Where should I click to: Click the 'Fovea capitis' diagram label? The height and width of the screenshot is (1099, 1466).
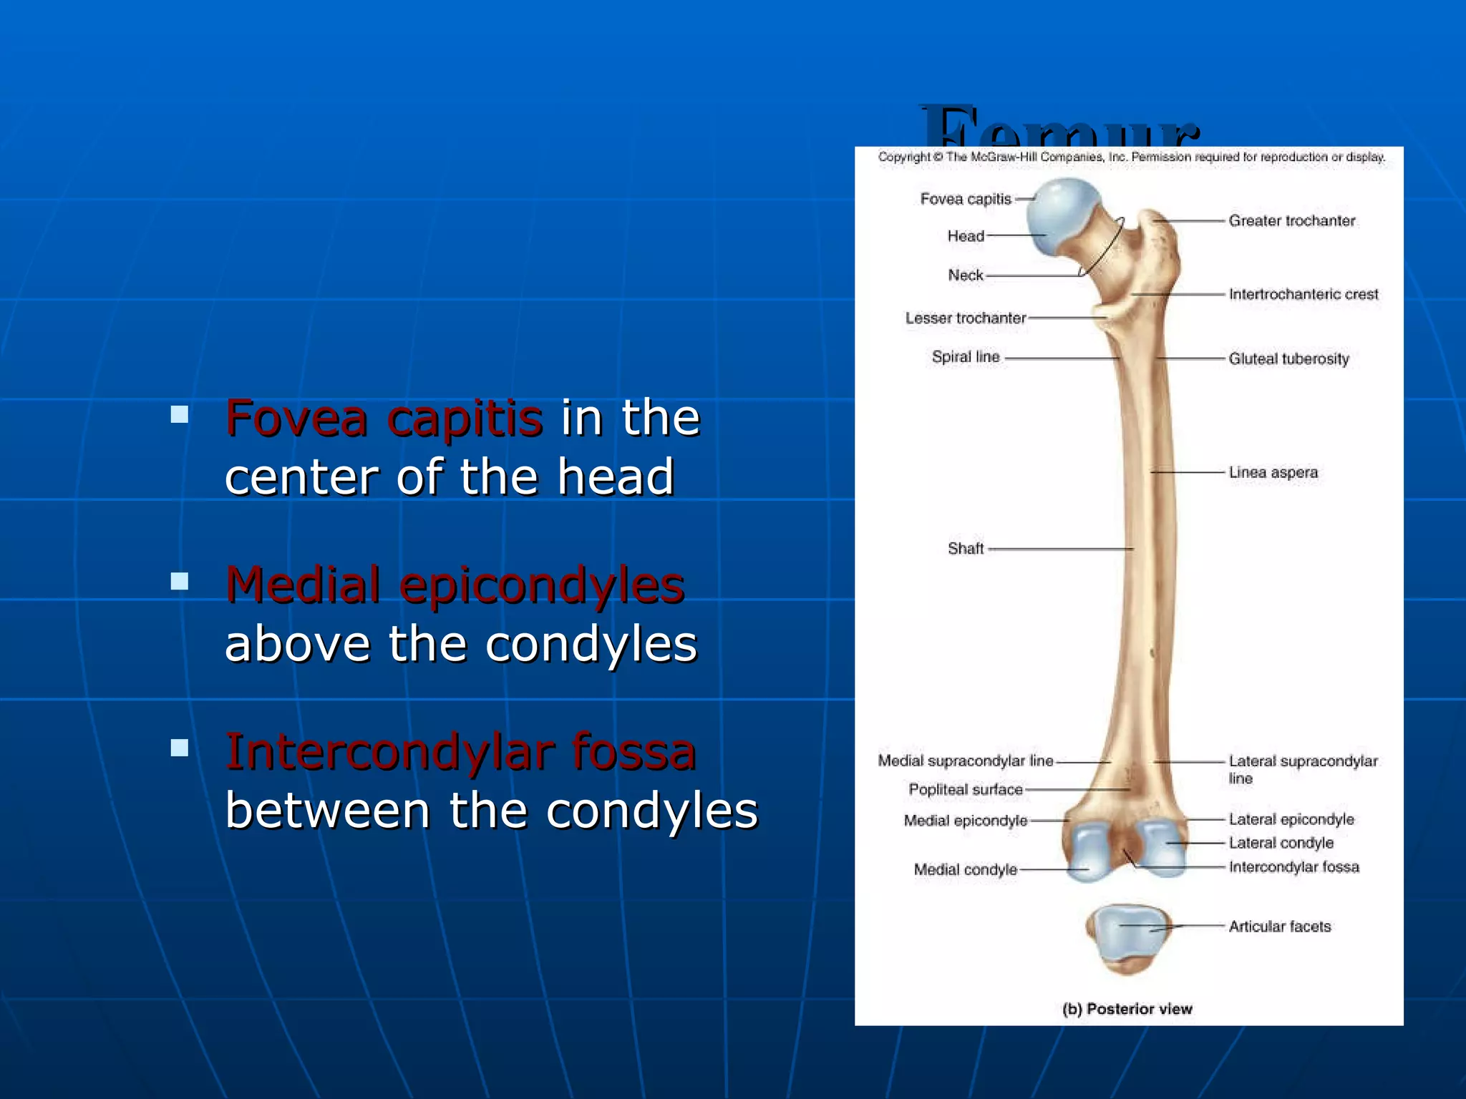(965, 199)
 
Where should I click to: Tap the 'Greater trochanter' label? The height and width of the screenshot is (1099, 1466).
(1291, 221)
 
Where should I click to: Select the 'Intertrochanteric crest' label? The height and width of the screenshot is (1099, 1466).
(1303, 294)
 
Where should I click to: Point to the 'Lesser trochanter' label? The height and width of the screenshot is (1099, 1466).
(965, 318)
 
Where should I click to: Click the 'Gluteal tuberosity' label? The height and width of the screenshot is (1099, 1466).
(1288, 358)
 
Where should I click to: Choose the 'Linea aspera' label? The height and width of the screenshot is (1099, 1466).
(1273, 472)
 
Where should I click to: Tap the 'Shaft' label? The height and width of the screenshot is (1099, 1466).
(965, 549)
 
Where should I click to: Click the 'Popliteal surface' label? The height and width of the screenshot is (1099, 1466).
(965, 789)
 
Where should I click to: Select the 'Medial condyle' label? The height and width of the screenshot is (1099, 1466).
(965, 869)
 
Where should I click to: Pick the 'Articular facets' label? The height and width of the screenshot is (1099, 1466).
(1279, 927)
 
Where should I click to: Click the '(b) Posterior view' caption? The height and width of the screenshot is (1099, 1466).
(1127, 1009)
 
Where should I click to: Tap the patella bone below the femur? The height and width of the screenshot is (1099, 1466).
(1127, 937)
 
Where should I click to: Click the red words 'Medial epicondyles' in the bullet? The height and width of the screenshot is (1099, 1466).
(455, 585)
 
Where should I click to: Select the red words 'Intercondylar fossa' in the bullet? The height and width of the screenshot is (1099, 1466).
(460, 753)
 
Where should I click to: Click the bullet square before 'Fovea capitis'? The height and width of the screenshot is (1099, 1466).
(180, 414)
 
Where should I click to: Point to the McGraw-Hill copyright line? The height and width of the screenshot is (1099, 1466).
(1131, 157)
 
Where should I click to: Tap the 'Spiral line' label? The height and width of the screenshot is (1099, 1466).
(965, 356)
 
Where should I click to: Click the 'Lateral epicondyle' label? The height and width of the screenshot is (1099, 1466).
(1291, 819)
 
